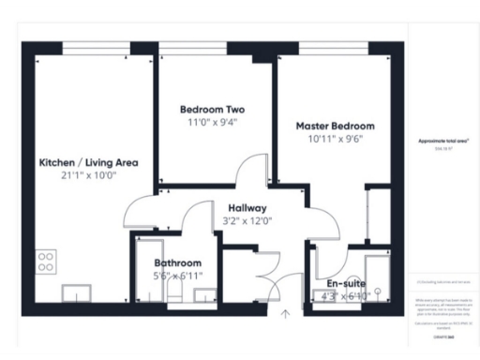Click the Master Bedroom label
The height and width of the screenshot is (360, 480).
pos(335,126)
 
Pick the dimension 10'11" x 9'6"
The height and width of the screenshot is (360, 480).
pos(335,139)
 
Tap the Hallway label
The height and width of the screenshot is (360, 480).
pos(247,208)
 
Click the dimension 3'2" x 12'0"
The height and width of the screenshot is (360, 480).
pos(247,221)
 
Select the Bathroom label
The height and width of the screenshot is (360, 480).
pos(177,263)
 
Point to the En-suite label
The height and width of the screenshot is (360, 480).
pos(345,282)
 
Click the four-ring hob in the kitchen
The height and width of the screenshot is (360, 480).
pos(45,261)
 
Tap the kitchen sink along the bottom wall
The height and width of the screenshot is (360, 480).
pos(77,293)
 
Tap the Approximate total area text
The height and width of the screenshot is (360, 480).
pos(442,141)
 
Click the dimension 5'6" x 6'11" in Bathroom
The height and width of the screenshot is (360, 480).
pos(177,277)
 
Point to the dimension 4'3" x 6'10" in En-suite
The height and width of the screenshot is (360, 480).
pos(345,296)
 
